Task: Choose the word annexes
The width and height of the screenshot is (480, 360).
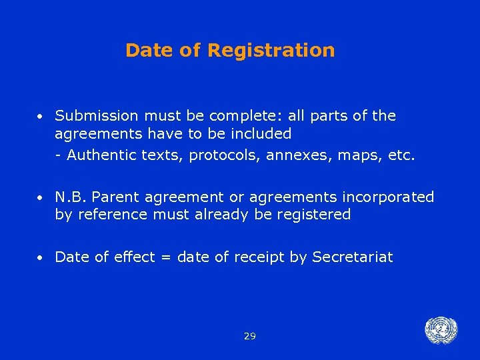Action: pyautogui.click(x=295, y=156)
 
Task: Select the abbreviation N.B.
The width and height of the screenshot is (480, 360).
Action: pyautogui.click(x=71, y=197)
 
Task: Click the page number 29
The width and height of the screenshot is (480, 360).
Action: pyautogui.click(x=250, y=336)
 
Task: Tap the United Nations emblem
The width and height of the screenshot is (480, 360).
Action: pyautogui.click(x=441, y=329)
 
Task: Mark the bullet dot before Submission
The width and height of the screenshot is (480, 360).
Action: pyautogui.click(x=41, y=117)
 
